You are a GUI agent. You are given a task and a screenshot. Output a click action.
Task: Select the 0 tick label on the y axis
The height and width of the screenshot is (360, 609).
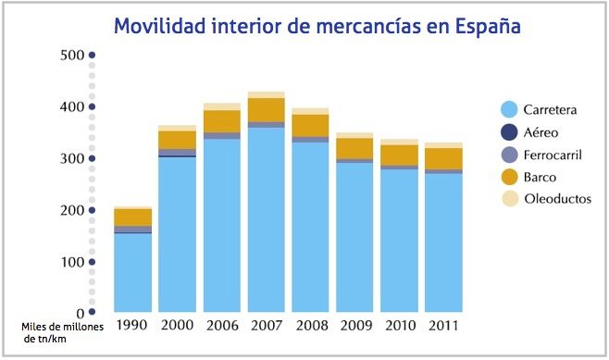click(81, 314)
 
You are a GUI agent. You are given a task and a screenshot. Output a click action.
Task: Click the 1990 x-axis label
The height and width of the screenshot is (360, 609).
click(132, 326)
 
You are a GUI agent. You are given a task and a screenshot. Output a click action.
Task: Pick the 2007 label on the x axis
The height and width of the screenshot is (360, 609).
click(266, 326)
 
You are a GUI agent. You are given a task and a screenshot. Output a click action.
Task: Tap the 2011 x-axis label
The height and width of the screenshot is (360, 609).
click(443, 326)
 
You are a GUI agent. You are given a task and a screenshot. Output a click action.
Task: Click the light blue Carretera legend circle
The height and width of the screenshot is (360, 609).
click(508, 109)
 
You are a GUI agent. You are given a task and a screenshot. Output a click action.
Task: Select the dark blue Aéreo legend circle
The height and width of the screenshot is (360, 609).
click(508, 131)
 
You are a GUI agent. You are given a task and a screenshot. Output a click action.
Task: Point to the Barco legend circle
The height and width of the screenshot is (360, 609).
click(508, 176)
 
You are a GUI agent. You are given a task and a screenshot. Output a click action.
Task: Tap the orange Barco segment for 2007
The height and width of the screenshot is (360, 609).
click(266, 109)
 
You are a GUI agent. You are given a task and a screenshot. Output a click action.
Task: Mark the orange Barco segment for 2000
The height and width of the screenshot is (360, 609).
click(177, 140)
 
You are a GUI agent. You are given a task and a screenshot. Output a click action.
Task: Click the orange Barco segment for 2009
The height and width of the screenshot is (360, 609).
click(354, 148)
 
